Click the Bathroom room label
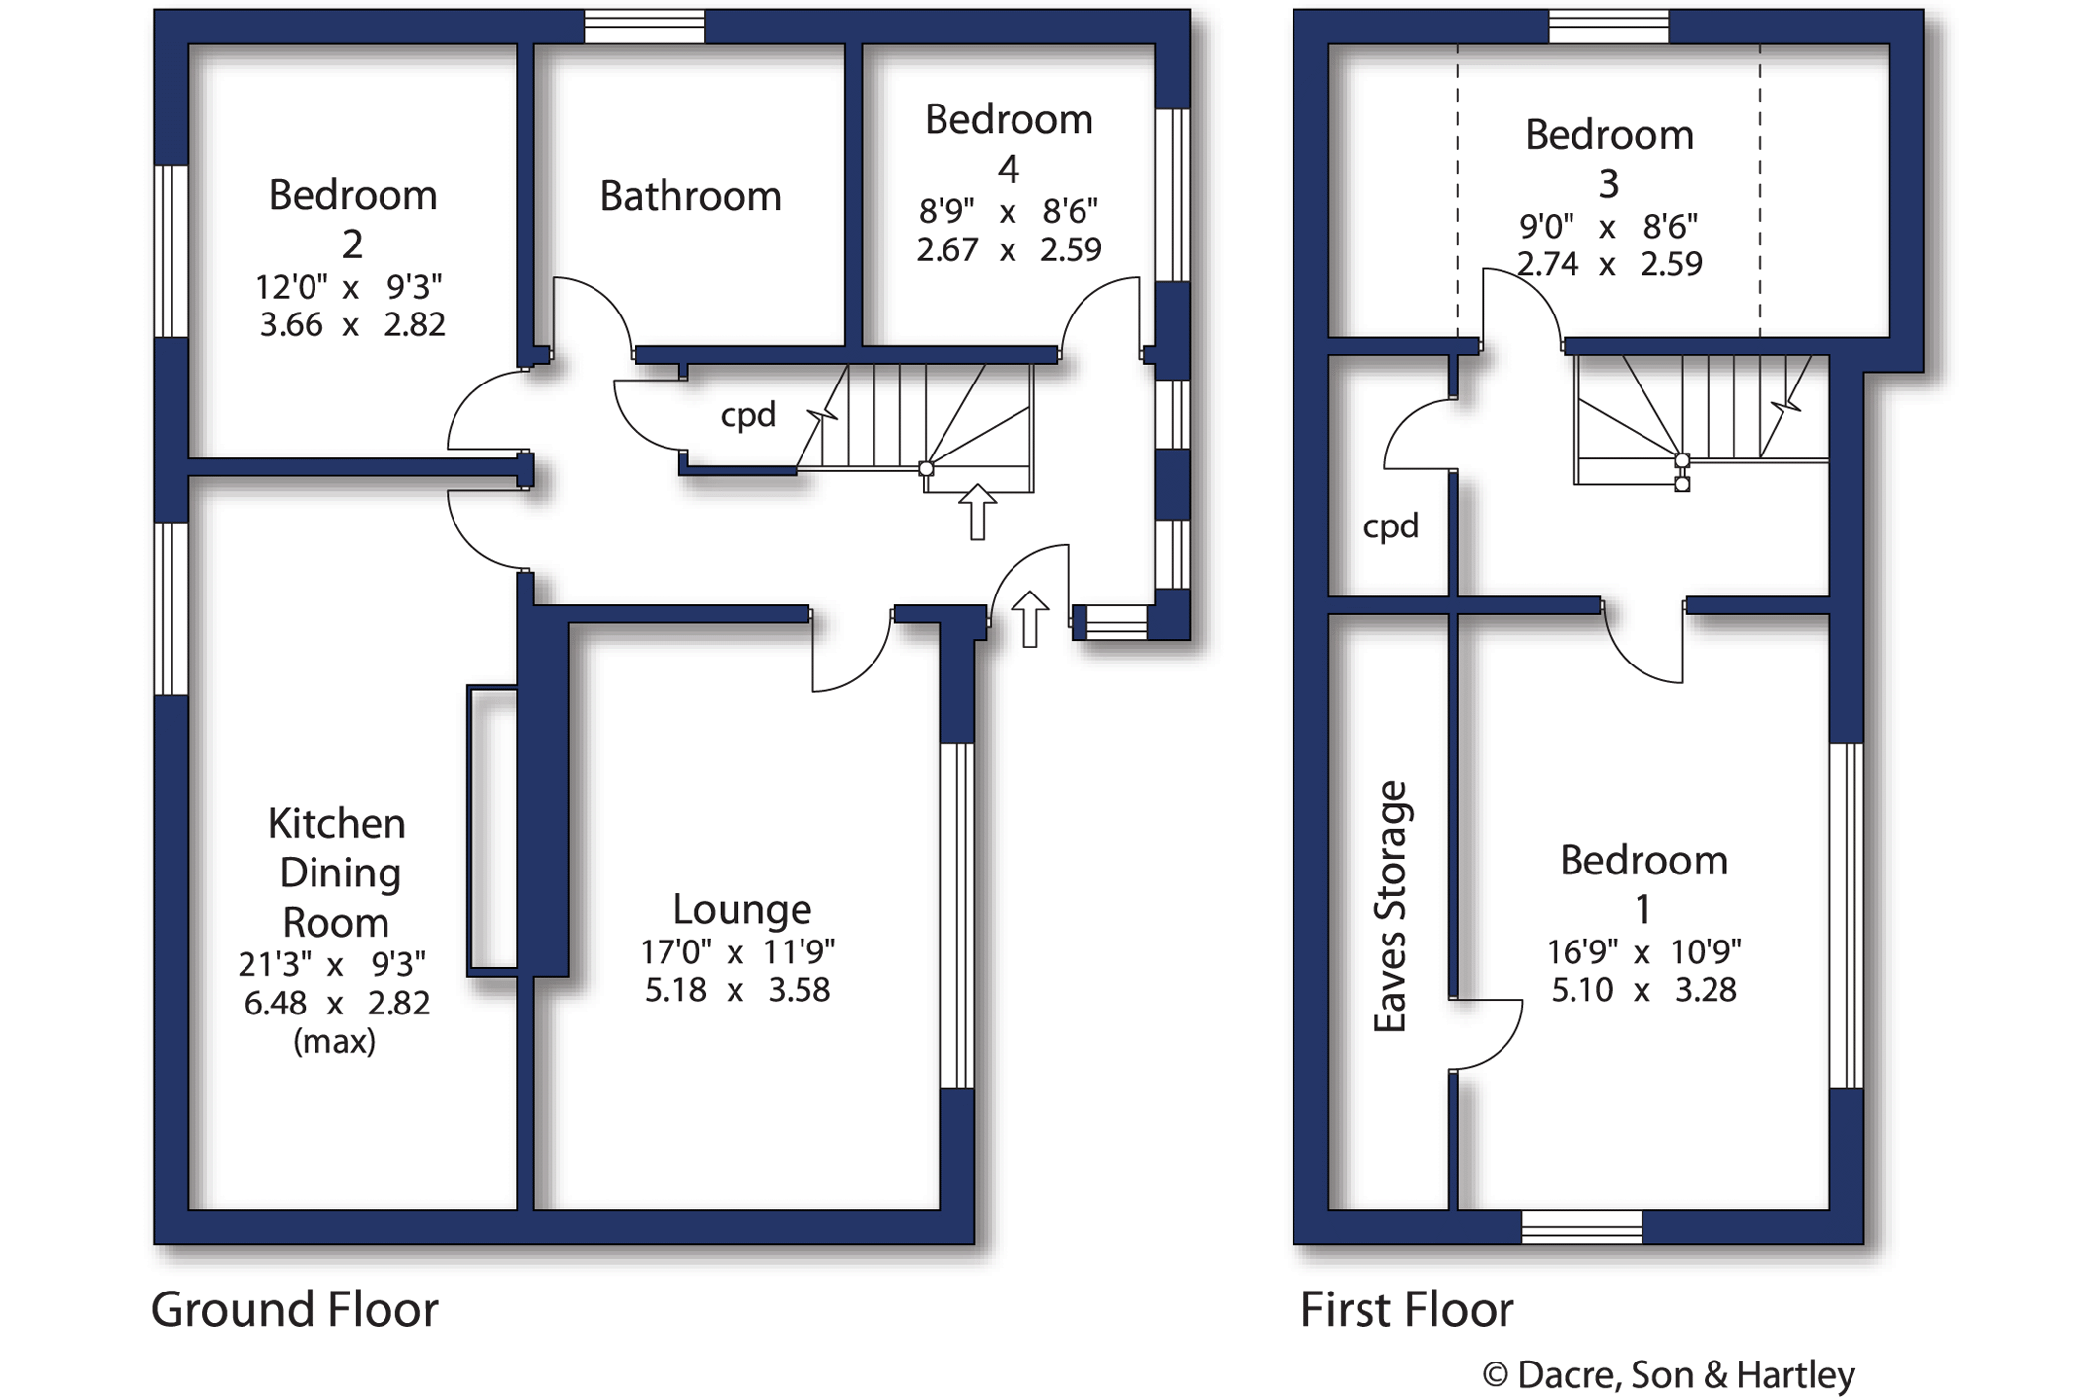pos(690,196)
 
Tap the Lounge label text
pos(741,909)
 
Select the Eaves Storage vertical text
pos(1390,906)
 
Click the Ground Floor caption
pos(294,1310)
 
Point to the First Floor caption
pos(1406,1310)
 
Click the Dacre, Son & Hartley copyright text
pos(1668,1374)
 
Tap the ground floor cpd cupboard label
pos(747,415)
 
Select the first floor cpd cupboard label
pos(1390,526)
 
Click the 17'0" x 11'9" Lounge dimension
pos(737,952)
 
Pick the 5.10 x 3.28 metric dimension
pos(1643,990)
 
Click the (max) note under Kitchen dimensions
pos(334,1041)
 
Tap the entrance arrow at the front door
pos(1029,618)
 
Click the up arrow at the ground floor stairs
pos(977,511)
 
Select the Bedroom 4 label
pos(1009,144)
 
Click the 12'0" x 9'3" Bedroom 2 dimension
pos(349,287)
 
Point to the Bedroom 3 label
pos(1609,158)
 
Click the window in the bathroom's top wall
pos(644,27)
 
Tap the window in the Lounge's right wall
pos(956,916)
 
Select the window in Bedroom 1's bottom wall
pos(1581,1226)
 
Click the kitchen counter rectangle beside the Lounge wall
pos(492,827)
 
